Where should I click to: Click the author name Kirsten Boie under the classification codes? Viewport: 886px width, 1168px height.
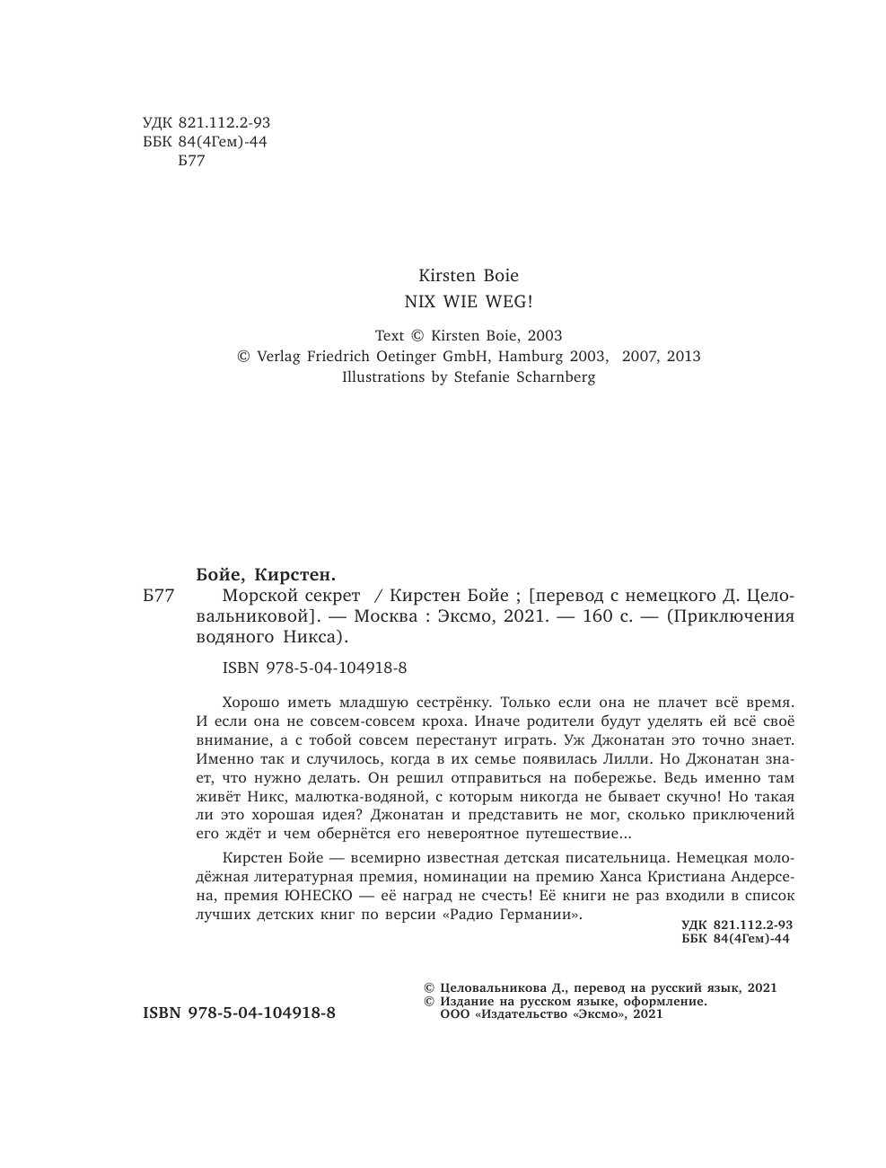[x=469, y=276]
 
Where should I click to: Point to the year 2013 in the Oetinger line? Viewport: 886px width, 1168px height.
[x=681, y=357]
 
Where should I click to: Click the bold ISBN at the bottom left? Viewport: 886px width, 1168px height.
[x=239, y=1013]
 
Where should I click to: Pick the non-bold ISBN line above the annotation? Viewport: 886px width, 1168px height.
[x=313, y=668]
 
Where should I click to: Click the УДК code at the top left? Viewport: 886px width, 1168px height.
[x=206, y=123]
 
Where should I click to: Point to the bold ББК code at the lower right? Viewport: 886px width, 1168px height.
[x=736, y=939]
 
